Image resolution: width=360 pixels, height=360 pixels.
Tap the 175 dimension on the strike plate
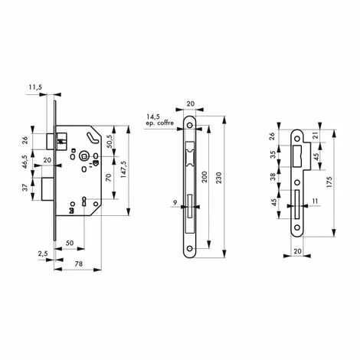(x=329, y=182)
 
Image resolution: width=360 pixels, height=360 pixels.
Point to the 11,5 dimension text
(x=35, y=87)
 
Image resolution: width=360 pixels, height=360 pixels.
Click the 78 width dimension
(x=79, y=263)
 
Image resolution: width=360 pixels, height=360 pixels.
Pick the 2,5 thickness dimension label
(x=43, y=254)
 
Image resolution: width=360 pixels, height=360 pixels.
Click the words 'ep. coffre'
(x=160, y=123)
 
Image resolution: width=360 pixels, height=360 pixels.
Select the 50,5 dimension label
(x=110, y=141)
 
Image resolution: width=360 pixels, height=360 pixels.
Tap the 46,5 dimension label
(x=25, y=162)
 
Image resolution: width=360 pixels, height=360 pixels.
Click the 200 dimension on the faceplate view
(x=205, y=177)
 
